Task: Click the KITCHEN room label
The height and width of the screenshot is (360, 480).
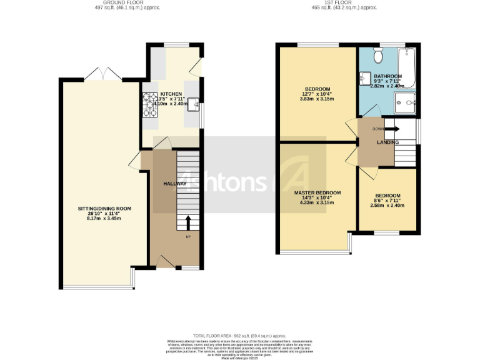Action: click(x=171, y=92)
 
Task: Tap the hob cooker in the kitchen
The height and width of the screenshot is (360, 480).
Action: click(x=150, y=105)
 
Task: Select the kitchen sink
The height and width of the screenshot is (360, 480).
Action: click(x=194, y=103)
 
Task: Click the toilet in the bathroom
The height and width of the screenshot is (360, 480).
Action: click(x=377, y=56)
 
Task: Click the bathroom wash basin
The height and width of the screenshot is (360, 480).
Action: click(x=364, y=79)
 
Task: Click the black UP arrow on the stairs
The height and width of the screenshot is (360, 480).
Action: click(x=187, y=222)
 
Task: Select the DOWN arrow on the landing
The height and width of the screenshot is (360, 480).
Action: click(x=392, y=129)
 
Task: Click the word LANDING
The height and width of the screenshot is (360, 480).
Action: click(x=387, y=142)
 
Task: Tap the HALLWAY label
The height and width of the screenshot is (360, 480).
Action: click(x=174, y=184)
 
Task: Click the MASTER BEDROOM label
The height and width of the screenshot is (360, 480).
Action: click(x=318, y=192)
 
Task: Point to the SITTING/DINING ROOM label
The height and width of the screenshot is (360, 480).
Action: click(x=104, y=208)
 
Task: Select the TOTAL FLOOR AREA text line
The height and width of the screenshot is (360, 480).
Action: click(x=239, y=336)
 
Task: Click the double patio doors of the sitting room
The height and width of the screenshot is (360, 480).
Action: click(x=101, y=76)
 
